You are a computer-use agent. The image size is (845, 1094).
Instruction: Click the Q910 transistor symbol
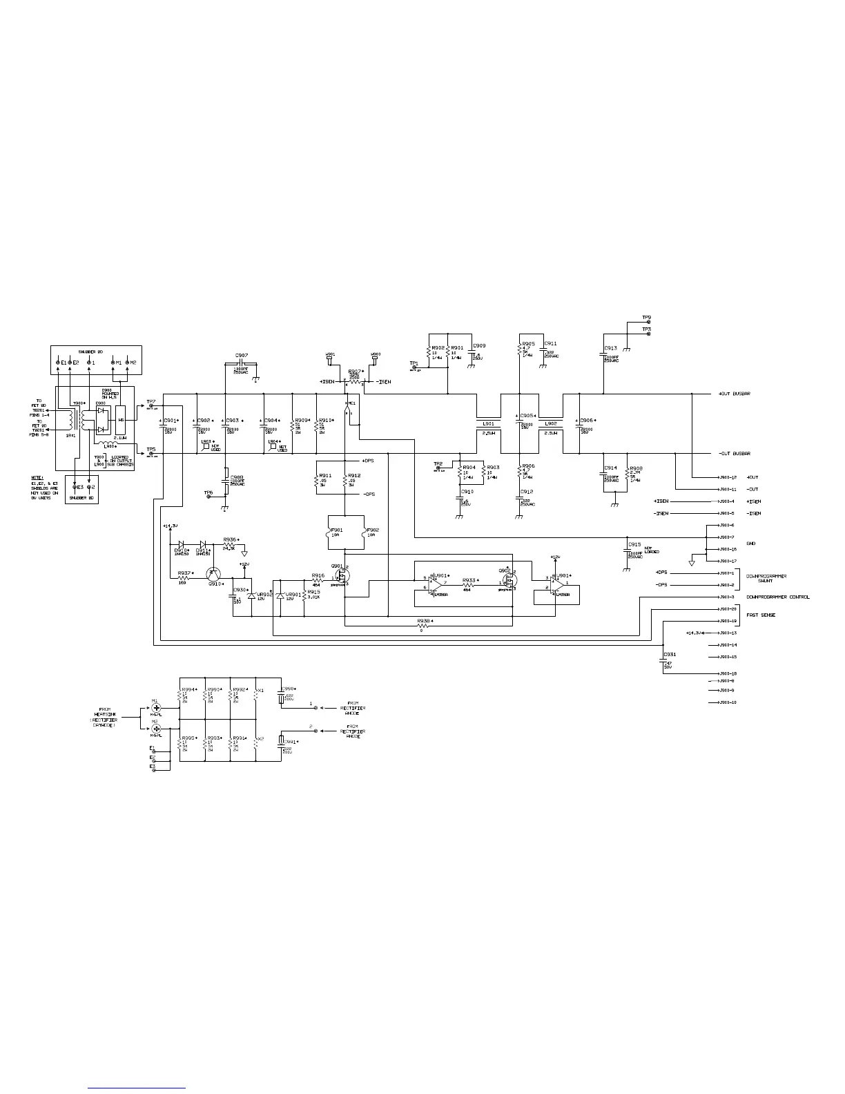point(215,575)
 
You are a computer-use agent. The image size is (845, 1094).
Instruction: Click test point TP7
point(150,406)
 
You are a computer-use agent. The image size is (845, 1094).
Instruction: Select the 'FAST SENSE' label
point(761,615)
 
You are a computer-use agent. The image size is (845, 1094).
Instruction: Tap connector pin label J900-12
point(727,477)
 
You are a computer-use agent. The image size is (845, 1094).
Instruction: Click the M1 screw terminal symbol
point(156,704)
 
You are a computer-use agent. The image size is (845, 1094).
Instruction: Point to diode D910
point(181,544)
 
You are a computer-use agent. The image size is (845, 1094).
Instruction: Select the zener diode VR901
point(280,595)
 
